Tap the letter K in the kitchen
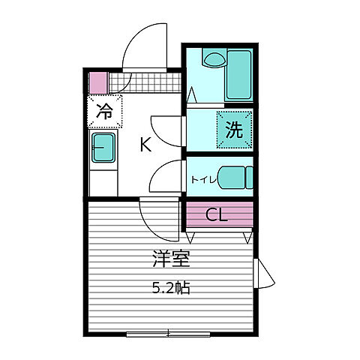click(145, 145)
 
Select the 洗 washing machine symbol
click(235, 129)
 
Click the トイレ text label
click(203, 178)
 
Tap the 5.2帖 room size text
click(170, 287)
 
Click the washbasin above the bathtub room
click(212, 57)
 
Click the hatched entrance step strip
click(146, 82)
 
